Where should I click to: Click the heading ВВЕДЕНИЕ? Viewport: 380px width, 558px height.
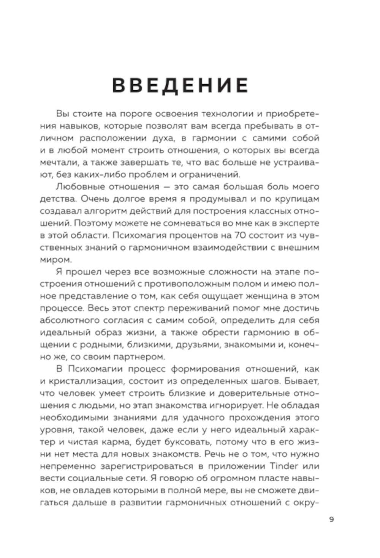(x=180, y=85)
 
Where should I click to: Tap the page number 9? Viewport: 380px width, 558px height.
(x=332, y=519)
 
